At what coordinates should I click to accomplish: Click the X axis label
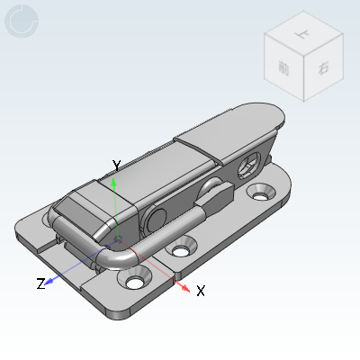click(201, 291)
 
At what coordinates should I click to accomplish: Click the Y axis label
click(116, 165)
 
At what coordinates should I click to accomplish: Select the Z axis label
click(40, 283)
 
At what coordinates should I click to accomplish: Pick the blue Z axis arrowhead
click(51, 280)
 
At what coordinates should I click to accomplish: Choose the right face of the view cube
click(322, 68)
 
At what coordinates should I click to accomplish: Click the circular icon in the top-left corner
click(22, 22)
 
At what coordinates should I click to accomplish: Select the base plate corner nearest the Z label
click(20, 239)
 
